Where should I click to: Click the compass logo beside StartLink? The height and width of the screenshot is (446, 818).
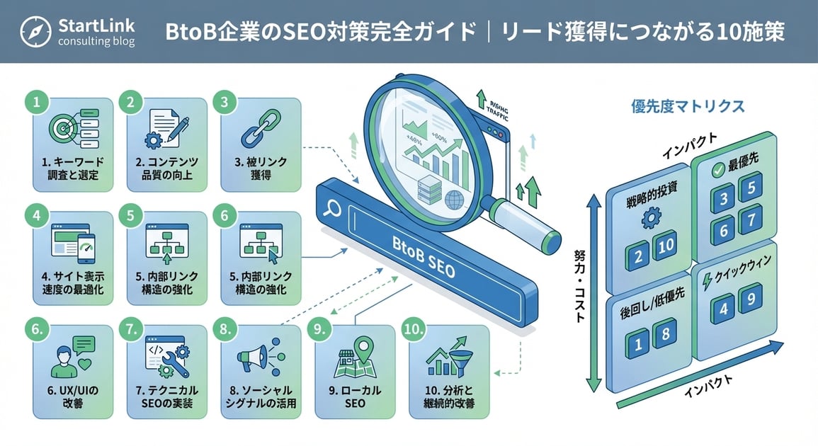point(35,31)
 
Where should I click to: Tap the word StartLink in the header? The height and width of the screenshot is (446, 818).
point(97,25)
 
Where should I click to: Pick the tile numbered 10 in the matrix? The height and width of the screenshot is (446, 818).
point(666,244)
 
